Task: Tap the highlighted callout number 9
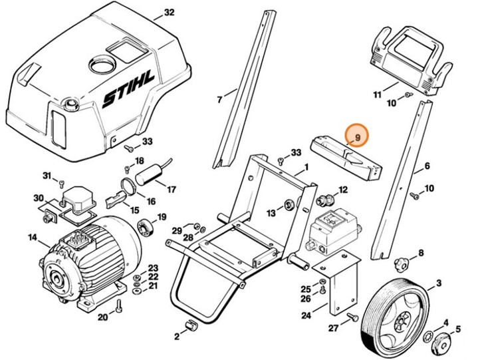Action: point(357,137)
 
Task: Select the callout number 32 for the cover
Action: point(169,13)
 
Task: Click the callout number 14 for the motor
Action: point(33,236)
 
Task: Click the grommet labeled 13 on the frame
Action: point(289,203)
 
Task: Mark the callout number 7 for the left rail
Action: point(220,100)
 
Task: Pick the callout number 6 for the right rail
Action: point(427,166)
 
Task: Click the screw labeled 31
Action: point(61,182)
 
